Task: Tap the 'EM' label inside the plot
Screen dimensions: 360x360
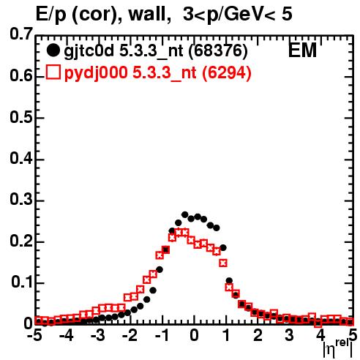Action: [x=302, y=50]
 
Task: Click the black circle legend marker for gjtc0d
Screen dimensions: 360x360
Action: [x=53, y=50]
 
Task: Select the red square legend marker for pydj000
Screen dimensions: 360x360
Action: [x=53, y=72]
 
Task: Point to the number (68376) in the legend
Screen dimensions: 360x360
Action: [x=218, y=51]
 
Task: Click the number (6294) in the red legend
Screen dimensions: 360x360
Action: [x=227, y=72]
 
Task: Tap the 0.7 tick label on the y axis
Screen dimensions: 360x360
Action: [x=21, y=34]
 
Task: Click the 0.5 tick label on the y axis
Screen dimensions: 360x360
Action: [x=21, y=118]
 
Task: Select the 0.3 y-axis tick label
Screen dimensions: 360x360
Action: [x=21, y=200]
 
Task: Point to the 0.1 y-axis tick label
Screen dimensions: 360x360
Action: [x=22, y=282]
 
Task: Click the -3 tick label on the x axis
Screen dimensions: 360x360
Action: [x=98, y=335]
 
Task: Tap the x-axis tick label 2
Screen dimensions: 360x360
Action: [x=258, y=335]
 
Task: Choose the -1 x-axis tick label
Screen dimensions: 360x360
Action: [x=162, y=335]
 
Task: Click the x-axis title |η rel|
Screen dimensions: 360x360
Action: [x=338, y=349]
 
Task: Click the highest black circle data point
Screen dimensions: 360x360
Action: [x=185, y=214]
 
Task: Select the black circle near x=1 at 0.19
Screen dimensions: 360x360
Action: [x=223, y=248]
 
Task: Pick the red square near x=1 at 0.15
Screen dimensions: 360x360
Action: [x=223, y=263]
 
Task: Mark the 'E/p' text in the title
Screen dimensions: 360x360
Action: [x=51, y=15]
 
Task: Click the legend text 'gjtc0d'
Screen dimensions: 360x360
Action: [x=89, y=52]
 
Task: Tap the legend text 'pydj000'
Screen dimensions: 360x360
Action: [x=96, y=73]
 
